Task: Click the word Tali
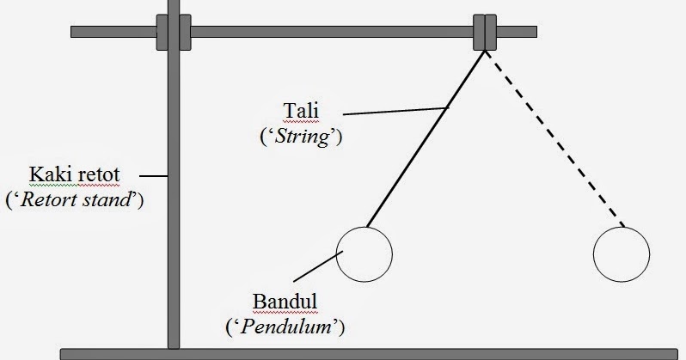tap(301, 111)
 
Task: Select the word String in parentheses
tap(303, 137)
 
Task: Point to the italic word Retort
tap(46, 200)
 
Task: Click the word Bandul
tap(285, 302)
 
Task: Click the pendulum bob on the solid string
tap(364, 254)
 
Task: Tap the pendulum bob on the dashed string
tap(622, 254)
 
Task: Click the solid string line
tap(426, 139)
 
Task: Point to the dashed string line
tap(554, 139)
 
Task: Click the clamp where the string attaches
tap(485, 33)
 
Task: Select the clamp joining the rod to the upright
tap(174, 33)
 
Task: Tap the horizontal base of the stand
tap(369, 354)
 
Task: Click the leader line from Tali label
tap(396, 111)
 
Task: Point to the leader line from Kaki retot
tap(154, 176)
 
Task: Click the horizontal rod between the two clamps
tap(332, 32)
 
